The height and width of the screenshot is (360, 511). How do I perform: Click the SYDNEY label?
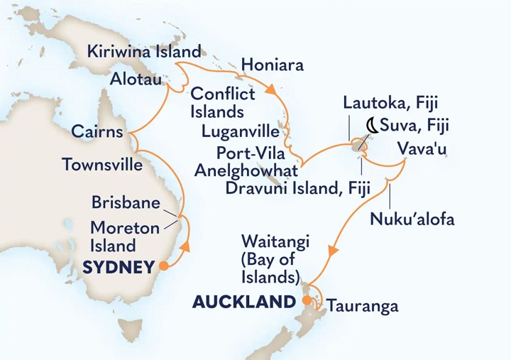point(119,268)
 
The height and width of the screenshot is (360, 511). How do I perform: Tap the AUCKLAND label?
point(243,302)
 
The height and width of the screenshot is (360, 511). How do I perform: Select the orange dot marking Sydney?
point(163,267)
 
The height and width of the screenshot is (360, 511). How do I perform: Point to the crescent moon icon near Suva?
point(370,127)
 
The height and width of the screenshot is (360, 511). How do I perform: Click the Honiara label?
point(273,66)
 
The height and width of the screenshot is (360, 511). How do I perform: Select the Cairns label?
point(97,132)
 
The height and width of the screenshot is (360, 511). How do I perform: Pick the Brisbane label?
point(125,202)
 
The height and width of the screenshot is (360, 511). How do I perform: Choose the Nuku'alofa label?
point(412,219)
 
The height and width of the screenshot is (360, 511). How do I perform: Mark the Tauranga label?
point(362,307)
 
